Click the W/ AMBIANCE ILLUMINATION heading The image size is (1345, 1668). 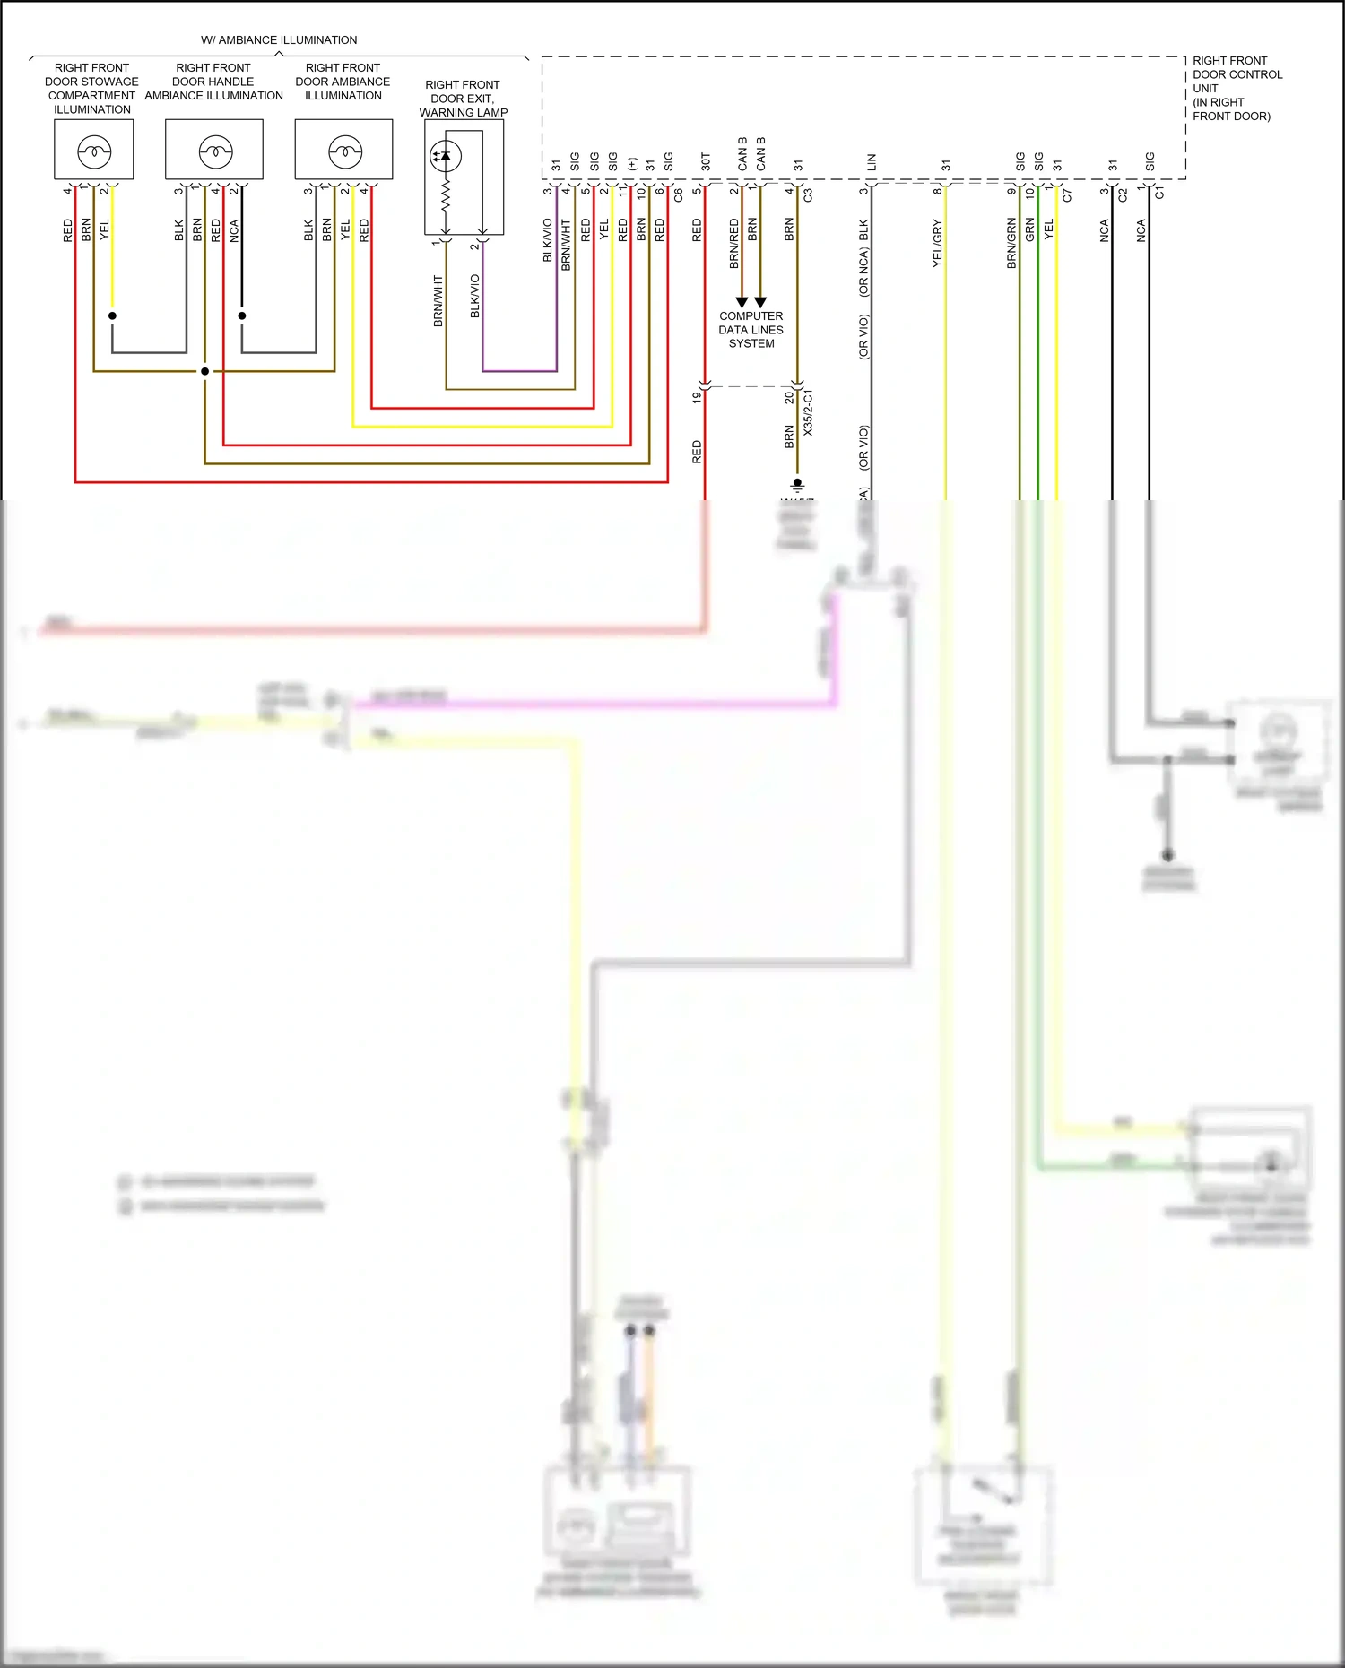coord(279,40)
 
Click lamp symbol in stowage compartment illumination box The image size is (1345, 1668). coord(94,151)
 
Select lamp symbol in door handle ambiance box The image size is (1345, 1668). coord(215,151)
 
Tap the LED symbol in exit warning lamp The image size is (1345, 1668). coord(445,156)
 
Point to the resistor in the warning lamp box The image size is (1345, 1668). coord(445,194)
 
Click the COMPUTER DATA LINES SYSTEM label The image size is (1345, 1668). coord(751,330)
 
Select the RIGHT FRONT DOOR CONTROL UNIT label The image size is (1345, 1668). coord(1237,88)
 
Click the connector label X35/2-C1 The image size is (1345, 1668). coord(808,413)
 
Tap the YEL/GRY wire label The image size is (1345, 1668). coord(937,243)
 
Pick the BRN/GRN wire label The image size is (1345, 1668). coord(1011,243)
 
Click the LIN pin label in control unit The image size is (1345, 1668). coord(872,162)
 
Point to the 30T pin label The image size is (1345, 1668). coord(706,161)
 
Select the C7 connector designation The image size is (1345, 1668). coord(1067,194)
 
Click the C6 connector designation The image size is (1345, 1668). coord(678,194)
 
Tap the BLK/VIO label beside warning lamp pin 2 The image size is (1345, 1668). coord(474,296)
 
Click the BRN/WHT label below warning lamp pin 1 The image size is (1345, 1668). coord(438,300)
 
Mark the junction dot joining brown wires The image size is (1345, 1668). coord(204,371)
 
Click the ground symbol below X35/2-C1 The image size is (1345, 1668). coord(797,485)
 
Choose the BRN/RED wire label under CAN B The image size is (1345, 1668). coord(733,244)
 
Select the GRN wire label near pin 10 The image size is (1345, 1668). coord(1029,230)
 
